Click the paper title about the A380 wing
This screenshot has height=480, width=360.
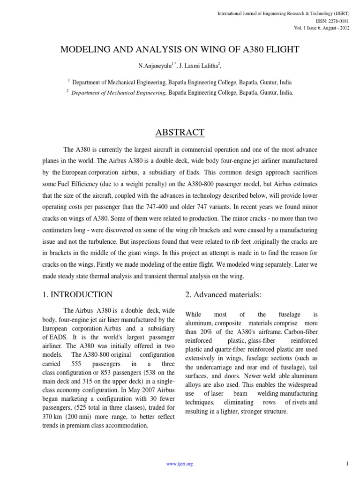tap(180, 49)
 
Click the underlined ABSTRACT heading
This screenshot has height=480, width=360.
tap(180, 133)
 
